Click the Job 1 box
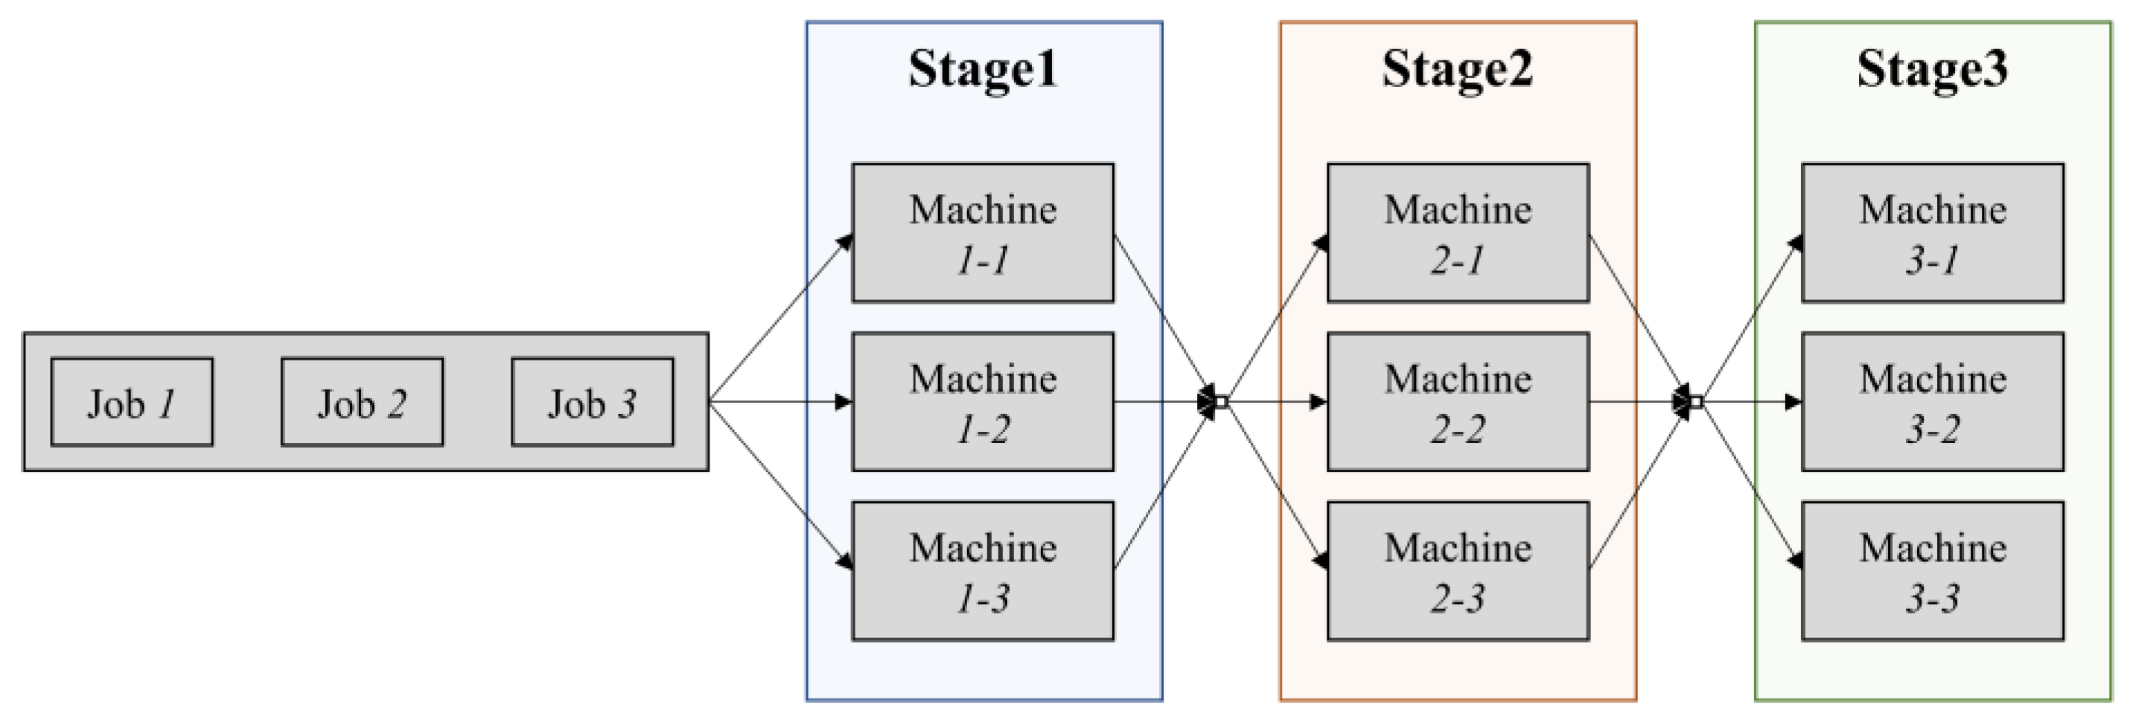click(132, 402)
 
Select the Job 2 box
click(361, 402)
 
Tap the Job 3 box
click(592, 402)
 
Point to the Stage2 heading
click(1457, 69)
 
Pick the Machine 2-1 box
click(1458, 232)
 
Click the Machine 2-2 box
click(1458, 402)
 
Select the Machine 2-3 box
click(1458, 571)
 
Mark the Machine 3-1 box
click(1933, 232)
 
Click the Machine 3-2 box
click(1933, 402)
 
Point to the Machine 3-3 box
click(1933, 571)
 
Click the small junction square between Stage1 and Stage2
click(1221, 402)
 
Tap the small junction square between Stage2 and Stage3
click(1696, 402)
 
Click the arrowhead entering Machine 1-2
click(844, 402)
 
